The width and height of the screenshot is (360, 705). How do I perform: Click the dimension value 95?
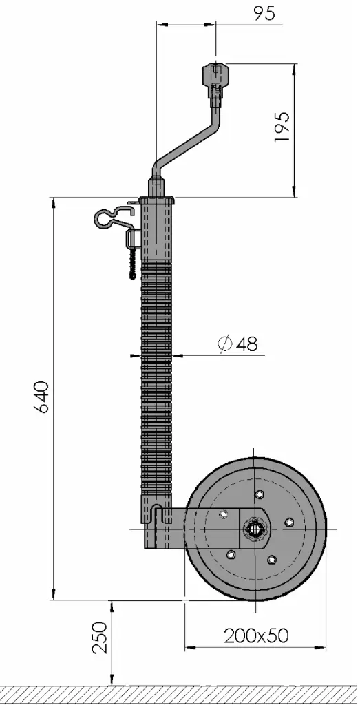[x=264, y=13]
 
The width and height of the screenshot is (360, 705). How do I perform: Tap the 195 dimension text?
[x=282, y=127]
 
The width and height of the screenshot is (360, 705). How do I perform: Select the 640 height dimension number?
[x=41, y=397]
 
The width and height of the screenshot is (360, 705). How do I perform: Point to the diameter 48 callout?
[x=237, y=344]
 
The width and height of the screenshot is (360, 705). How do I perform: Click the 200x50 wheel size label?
[x=256, y=635]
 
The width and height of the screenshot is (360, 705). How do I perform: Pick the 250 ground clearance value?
[x=99, y=638]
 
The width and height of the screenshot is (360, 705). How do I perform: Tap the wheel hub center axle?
[x=255, y=529]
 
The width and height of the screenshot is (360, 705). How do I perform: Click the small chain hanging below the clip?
[x=133, y=265]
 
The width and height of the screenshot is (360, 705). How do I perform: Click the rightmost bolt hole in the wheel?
[x=289, y=523]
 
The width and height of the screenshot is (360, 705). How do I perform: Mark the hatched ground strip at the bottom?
[x=180, y=695]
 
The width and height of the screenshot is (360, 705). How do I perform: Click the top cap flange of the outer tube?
[x=156, y=200]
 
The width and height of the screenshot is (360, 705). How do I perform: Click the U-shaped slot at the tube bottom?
[x=156, y=515]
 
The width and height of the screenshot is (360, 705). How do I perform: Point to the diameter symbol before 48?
[x=224, y=344]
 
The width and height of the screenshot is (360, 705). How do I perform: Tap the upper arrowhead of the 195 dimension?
[x=295, y=69]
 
